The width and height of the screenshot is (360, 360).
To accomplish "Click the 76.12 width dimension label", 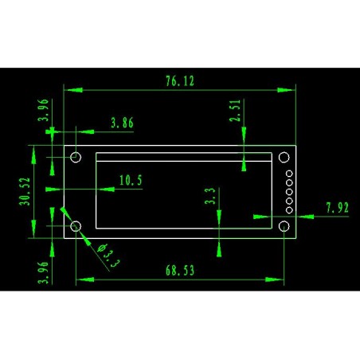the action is pos(180,81).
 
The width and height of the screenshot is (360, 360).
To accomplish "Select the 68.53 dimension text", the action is pos(180,271).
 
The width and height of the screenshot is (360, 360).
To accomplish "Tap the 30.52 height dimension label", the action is pos(25,191).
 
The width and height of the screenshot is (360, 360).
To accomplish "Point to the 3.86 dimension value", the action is pos(122,123).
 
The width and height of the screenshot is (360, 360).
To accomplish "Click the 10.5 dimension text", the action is pos(131,180).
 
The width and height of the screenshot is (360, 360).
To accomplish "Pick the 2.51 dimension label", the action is pos(235,111).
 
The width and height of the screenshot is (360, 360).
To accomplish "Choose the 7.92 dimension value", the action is pos(337,208).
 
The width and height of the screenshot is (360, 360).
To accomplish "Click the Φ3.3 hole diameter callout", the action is pos(108,256).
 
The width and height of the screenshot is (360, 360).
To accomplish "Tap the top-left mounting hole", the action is pos(76,157).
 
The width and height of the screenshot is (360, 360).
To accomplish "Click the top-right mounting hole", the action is pos(284,157).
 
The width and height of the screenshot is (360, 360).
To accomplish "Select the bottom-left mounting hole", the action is pos(76,226).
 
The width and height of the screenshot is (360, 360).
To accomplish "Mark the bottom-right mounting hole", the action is pos(284,226).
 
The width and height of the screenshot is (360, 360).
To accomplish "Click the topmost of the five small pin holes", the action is pos(289,174).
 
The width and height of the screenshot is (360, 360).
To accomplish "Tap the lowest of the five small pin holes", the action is pos(289,210).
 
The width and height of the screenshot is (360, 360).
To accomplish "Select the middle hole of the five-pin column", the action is pos(289,192).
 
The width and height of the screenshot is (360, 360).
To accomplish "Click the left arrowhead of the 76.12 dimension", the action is pos(73,90).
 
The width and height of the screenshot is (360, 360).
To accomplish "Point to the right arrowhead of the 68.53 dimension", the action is pos(275,280).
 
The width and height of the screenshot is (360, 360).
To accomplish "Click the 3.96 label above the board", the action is pos(43,110).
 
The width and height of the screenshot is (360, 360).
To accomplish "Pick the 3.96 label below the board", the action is pos(43,272).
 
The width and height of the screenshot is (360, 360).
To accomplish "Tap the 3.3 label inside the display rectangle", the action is pos(210,196).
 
